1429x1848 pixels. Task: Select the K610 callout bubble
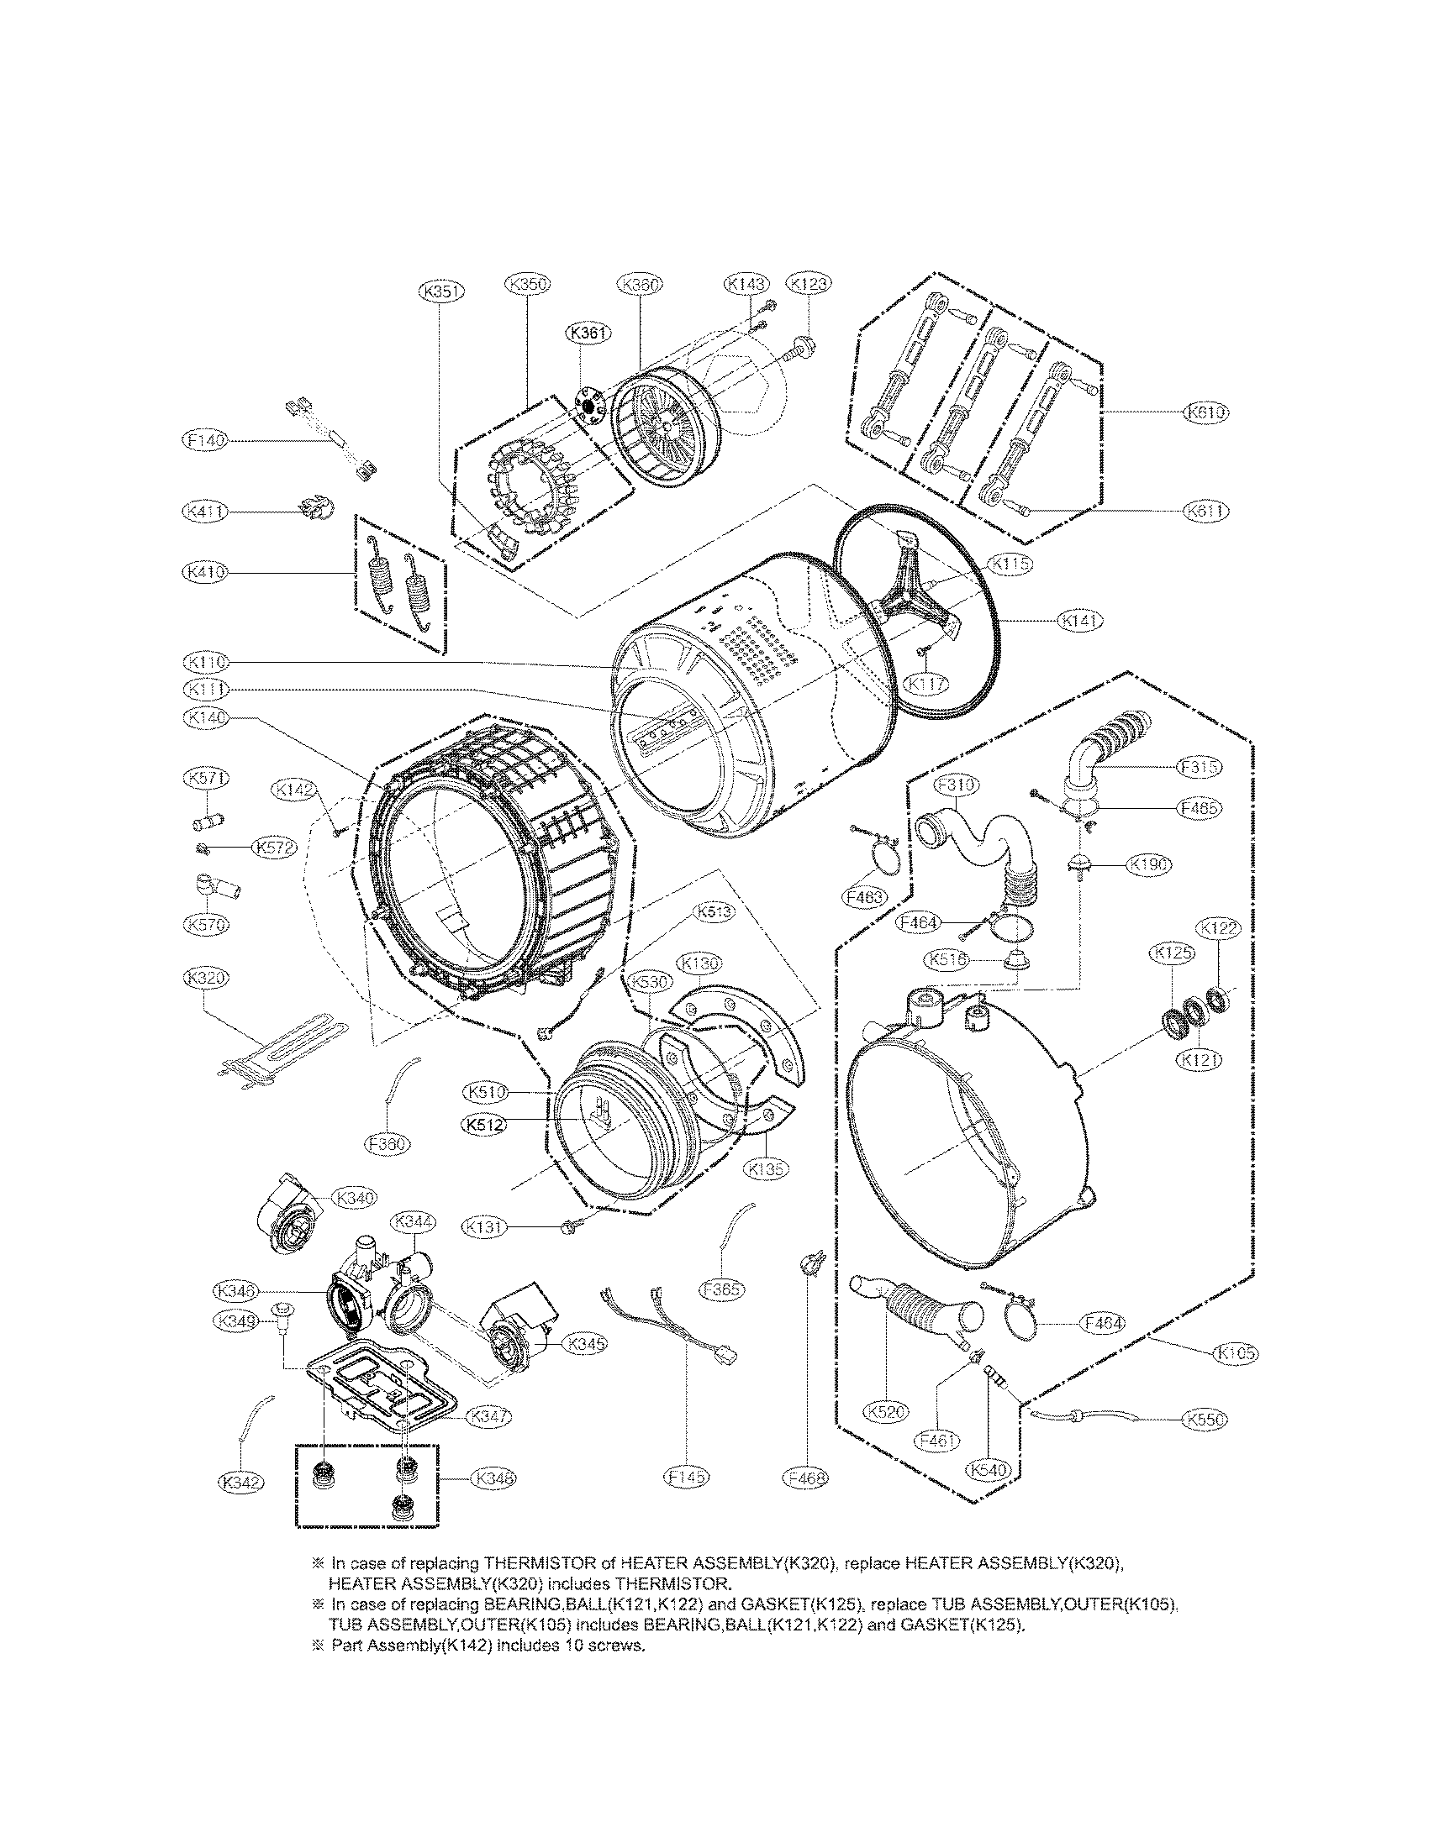tap(1205, 412)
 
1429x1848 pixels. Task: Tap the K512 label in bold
tap(486, 1124)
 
